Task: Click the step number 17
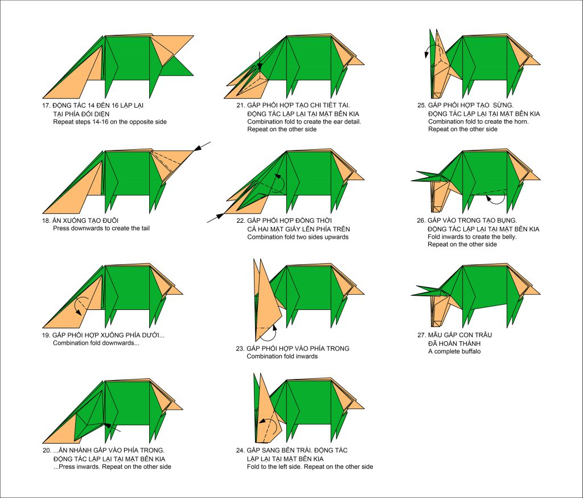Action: (46, 105)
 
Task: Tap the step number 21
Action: (241, 105)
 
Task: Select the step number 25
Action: (422, 105)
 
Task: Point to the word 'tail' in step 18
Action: (144, 228)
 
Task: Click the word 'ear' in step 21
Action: (333, 121)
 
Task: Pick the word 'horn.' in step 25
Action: (520, 121)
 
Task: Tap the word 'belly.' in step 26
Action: (508, 236)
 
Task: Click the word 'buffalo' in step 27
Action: (469, 352)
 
